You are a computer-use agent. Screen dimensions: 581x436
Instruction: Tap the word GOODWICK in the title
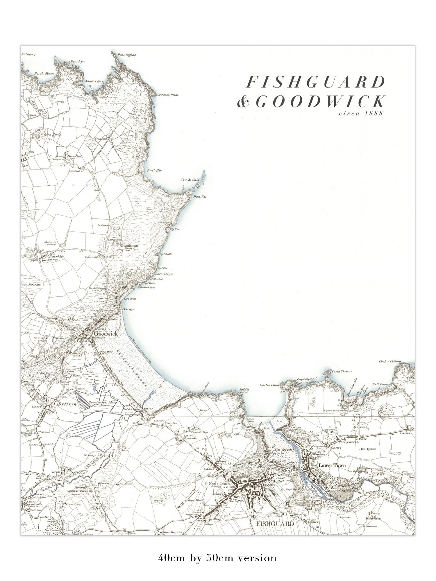tap(320, 102)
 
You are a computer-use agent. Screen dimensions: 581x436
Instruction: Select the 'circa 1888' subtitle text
tap(361, 113)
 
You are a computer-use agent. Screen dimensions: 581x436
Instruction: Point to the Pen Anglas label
tap(126, 55)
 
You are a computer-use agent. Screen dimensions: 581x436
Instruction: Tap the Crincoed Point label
tap(167, 95)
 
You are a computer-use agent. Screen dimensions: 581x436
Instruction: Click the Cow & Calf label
tap(190, 180)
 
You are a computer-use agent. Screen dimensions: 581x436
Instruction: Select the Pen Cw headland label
tap(200, 197)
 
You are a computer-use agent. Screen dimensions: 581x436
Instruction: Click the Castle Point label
tap(269, 385)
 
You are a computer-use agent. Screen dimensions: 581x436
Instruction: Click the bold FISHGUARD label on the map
tap(275, 524)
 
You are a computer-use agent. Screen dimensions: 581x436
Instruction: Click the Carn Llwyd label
tap(164, 274)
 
